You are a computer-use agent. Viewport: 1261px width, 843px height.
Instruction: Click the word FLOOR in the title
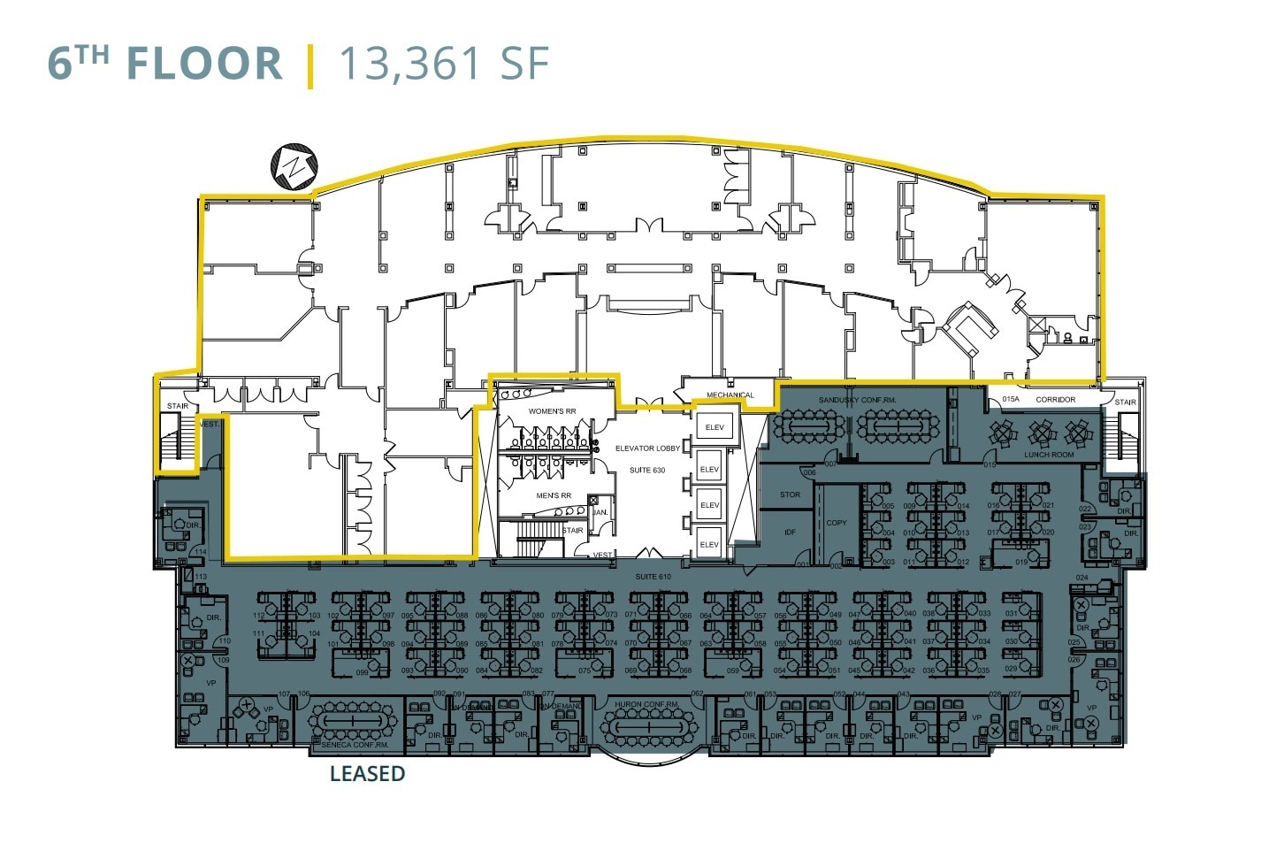(204, 64)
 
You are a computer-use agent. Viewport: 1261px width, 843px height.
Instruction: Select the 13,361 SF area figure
(444, 64)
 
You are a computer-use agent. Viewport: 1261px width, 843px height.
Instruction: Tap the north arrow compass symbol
(294, 165)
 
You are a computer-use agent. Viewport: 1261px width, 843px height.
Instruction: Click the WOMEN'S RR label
(552, 411)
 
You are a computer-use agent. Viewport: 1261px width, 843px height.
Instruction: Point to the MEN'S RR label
(554, 495)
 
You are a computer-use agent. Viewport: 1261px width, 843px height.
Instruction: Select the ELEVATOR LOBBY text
(647, 448)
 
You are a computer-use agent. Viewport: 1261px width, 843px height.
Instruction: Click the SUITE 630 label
(647, 470)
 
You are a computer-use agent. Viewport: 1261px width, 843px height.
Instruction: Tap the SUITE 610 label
(653, 577)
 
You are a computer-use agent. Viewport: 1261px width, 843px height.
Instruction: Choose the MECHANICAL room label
(730, 395)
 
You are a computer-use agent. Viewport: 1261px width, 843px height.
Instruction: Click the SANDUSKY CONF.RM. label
(857, 400)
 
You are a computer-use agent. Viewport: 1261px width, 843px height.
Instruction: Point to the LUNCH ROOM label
(1049, 455)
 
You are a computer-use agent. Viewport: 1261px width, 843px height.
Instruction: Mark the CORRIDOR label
(1055, 400)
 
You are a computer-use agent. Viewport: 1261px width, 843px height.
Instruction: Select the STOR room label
(790, 494)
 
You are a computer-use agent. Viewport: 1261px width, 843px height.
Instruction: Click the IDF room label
(790, 532)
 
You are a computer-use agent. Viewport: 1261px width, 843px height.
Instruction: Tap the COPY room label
(836, 523)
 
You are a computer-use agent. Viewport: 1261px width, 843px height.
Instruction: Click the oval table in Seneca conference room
(351, 721)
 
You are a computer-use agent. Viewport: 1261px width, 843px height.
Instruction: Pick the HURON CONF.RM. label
(647, 705)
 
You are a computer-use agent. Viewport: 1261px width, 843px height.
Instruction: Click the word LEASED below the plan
(367, 774)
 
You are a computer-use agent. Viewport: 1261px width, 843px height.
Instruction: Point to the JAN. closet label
(600, 513)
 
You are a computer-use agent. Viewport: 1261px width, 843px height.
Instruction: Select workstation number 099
(363, 672)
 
